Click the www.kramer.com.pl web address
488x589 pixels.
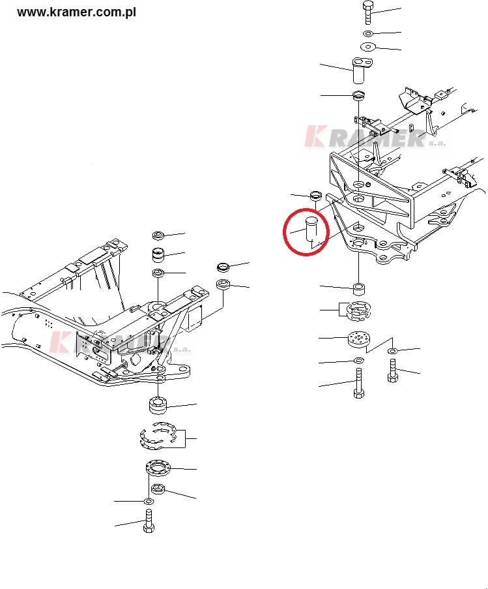pyautogui.click(x=76, y=12)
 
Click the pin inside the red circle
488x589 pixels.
pyautogui.click(x=311, y=229)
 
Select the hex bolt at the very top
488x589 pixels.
pyautogui.click(x=368, y=12)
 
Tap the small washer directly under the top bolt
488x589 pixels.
pyautogui.click(x=368, y=34)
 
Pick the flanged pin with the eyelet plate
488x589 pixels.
pyautogui.click(x=362, y=70)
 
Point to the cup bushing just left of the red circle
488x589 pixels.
pyautogui.click(x=316, y=195)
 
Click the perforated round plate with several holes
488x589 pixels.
pyautogui.click(x=358, y=340)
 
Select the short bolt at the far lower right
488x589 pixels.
pyautogui.click(x=392, y=370)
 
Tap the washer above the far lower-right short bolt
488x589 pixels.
pyautogui.click(x=392, y=351)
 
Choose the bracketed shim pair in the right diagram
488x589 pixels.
pyautogui.click(x=358, y=311)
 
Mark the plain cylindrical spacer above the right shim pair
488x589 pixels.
pyautogui.click(x=359, y=289)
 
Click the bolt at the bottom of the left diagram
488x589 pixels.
pyautogui.click(x=149, y=521)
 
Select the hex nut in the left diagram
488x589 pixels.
pyautogui.click(x=158, y=489)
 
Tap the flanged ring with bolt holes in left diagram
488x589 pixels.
pyautogui.click(x=158, y=468)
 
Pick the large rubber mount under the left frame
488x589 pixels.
pyautogui.click(x=158, y=404)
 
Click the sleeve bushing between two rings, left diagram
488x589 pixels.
pyautogui.click(x=158, y=256)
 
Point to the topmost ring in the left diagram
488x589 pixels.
pyautogui.click(x=158, y=235)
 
